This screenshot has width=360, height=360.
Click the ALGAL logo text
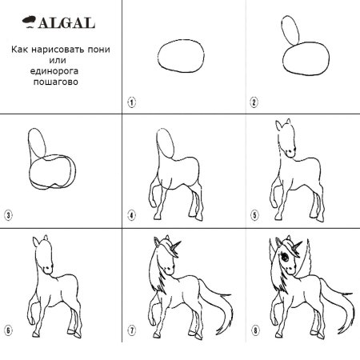pos(66,23)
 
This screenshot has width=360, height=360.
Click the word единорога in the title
pos(54,71)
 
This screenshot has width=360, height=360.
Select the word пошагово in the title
pos(56,82)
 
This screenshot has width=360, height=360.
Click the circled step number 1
pos(132,102)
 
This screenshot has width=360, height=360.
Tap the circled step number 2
pos(254,102)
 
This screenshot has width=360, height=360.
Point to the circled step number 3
pos(8,215)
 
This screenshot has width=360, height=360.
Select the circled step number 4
pos(131,215)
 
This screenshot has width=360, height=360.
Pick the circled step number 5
pos(254,215)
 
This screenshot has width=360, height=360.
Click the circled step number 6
pos(8,330)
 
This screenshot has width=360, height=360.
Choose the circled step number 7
pos(132,330)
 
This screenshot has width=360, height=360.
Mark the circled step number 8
pos(255,330)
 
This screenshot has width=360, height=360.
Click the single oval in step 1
pos(158,56)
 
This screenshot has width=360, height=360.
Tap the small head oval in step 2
pos(282,30)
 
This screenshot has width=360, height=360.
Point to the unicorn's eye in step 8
pos(285,258)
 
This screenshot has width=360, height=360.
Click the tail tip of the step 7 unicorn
pos(218,333)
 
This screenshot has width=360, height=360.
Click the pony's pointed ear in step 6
pos(36,242)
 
